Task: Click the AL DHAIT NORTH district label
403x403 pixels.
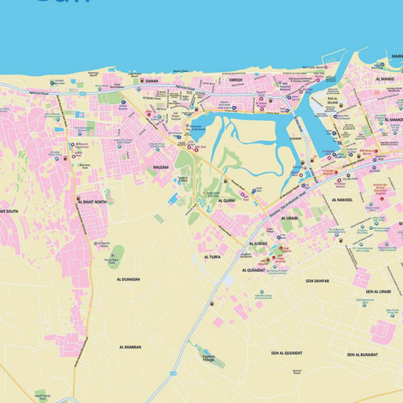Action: point(92,201)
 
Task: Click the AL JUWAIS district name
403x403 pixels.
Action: point(259,243)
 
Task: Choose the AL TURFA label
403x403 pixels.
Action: point(212,257)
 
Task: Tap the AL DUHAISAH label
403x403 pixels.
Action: point(128,279)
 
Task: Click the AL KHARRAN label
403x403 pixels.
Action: point(130,347)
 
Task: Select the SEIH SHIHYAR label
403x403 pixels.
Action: point(317,281)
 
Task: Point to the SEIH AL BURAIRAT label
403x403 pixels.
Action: point(362,354)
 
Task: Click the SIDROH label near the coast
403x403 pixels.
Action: point(235,80)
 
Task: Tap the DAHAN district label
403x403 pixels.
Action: point(152,81)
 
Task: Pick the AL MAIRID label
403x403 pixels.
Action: point(385,79)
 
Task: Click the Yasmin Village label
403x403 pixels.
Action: point(208,359)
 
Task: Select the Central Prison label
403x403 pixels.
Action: point(297,371)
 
